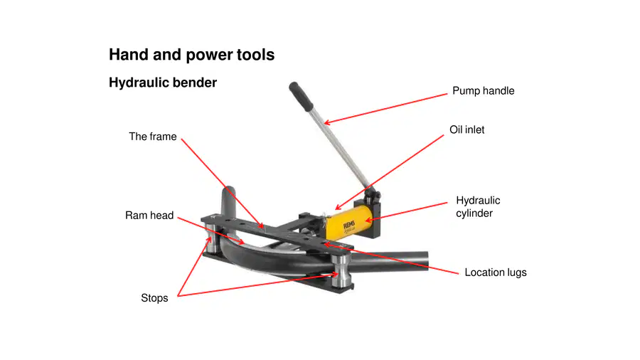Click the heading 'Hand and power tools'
click(x=191, y=55)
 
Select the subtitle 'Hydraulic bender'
click(x=162, y=83)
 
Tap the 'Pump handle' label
click(x=484, y=91)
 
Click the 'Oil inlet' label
click(x=467, y=129)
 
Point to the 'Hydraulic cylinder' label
click(x=478, y=207)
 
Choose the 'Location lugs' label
click(x=496, y=272)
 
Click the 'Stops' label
click(x=154, y=298)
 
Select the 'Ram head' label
click(x=149, y=215)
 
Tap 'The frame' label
click(x=153, y=137)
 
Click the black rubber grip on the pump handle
click(x=300, y=96)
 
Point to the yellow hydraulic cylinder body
click(x=347, y=223)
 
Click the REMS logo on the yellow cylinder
click(x=349, y=226)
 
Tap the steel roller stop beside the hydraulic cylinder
click(x=341, y=271)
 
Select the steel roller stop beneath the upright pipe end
click(x=211, y=238)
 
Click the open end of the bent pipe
click(x=426, y=260)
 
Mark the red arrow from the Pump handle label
click(x=385, y=109)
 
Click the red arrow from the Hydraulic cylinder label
click(x=406, y=212)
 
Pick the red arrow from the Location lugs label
click(x=391, y=259)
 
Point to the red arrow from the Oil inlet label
click(x=390, y=173)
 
